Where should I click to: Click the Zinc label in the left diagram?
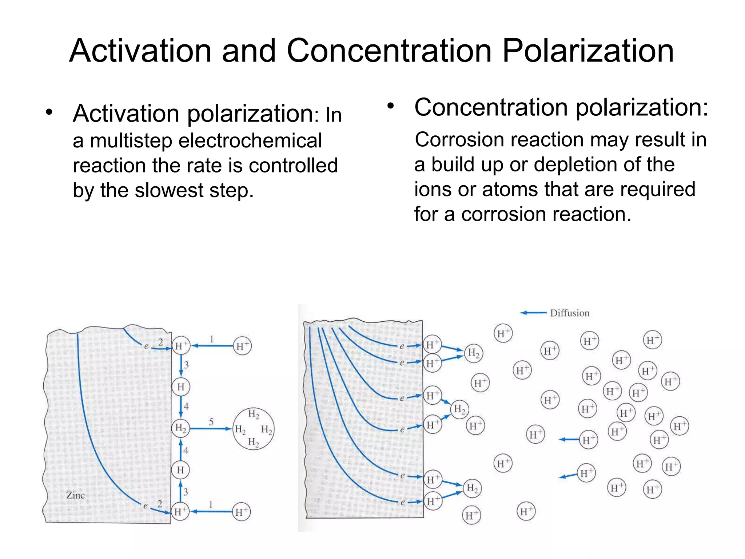[x=75, y=495]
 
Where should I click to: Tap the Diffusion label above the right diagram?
[x=569, y=313]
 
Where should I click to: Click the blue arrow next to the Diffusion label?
[x=533, y=313]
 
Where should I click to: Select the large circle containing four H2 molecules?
[x=254, y=429]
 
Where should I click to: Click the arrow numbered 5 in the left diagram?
[x=211, y=429]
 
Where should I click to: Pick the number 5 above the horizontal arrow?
[x=211, y=422]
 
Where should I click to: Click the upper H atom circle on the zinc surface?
[x=181, y=387]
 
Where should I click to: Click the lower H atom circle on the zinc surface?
[x=180, y=470]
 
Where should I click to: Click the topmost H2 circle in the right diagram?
[x=474, y=353]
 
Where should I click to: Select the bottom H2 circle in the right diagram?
[x=472, y=488]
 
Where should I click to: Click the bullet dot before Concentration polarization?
[x=390, y=106]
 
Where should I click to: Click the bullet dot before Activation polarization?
[x=49, y=112]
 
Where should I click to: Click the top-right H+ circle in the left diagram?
[x=242, y=346]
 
